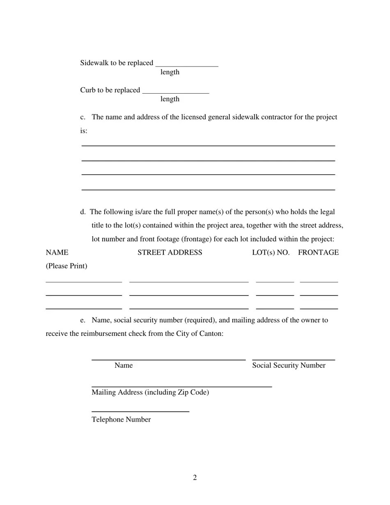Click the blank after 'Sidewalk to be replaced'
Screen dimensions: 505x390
pyautogui.click(x=187, y=64)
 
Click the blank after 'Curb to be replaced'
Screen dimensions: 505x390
pyautogui.click(x=175, y=91)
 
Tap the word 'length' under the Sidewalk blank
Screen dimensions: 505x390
pyautogui.click(x=170, y=72)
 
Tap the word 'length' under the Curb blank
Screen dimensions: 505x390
pyautogui.click(x=170, y=99)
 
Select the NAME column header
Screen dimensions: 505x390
pyautogui.click(x=57, y=252)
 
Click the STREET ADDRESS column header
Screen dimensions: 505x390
pyautogui.click(x=170, y=252)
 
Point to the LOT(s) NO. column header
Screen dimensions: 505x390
pyautogui.click(x=271, y=252)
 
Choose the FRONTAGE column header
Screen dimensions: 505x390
pyautogui.click(x=318, y=252)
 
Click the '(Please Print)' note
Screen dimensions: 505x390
pyautogui.click(x=67, y=266)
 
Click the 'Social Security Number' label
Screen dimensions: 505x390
pyautogui.click(x=289, y=365)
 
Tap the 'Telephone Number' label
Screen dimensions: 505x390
pyautogui.click(x=121, y=420)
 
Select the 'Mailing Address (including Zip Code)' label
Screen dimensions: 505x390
pyautogui.click(x=150, y=393)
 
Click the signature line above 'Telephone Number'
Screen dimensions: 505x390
pyautogui.click(x=140, y=411)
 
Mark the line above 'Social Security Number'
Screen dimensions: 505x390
pyautogui.click(x=294, y=360)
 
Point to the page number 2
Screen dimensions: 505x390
pyautogui.click(x=195, y=477)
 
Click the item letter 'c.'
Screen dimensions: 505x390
pyautogui.click(x=83, y=117)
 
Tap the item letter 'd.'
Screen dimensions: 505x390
pyautogui.click(x=83, y=212)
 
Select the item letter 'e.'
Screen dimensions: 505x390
pyautogui.click(x=83, y=320)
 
